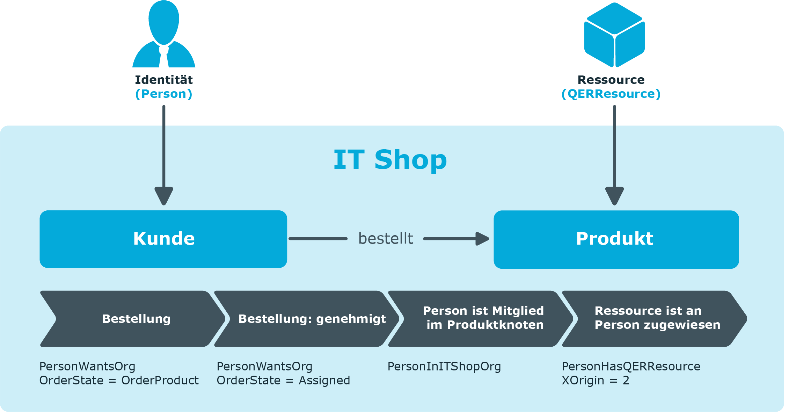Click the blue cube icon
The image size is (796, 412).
614,35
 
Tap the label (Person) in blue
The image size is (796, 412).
164,94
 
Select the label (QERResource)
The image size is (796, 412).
611,94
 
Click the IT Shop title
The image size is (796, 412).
390,159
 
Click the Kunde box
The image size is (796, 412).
163,239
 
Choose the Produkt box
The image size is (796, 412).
616,239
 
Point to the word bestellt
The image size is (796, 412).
386,239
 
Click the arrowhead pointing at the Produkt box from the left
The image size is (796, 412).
482,239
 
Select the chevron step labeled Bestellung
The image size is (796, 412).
133,319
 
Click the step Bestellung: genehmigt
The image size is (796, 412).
307,319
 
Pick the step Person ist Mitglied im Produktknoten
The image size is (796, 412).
481,319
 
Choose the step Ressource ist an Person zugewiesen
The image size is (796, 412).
655,319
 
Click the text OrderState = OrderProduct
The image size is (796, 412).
119,380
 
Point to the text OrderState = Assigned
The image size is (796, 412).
283,380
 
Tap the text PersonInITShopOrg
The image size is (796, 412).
444,367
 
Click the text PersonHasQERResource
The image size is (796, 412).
631,366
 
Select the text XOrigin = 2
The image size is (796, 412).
596,380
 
